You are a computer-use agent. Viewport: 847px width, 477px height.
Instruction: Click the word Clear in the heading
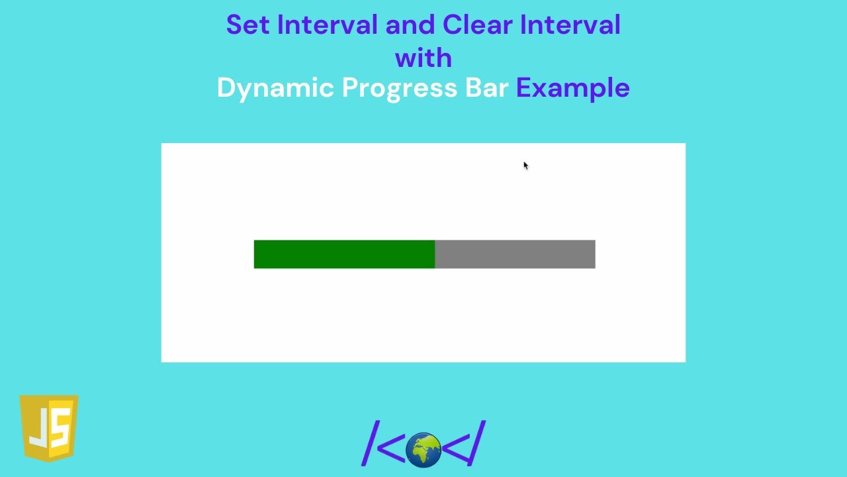[x=477, y=25]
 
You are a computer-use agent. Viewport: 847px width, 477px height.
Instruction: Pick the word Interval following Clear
[x=570, y=25]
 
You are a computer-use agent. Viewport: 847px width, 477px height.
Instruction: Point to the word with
[x=423, y=58]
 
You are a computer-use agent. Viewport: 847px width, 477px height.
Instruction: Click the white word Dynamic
[x=275, y=88]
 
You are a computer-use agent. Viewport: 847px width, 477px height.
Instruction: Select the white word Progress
[x=399, y=88]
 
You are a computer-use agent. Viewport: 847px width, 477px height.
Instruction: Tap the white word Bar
[x=486, y=88]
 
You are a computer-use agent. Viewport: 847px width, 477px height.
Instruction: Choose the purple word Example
[x=572, y=88]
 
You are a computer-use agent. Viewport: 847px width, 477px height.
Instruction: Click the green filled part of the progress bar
[x=344, y=254]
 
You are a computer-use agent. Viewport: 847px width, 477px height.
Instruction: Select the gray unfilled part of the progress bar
[x=515, y=254]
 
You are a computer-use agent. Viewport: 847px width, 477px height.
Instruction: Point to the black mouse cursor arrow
[x=525, y=166]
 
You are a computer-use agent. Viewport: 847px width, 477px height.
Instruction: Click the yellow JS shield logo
[x=49, y=428]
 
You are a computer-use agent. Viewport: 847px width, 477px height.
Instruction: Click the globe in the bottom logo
[x=423, y=450]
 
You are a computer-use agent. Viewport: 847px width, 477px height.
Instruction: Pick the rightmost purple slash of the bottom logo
[x=477, y=443]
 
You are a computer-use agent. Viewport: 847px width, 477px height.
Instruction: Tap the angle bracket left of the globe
[x=390, y=448]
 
